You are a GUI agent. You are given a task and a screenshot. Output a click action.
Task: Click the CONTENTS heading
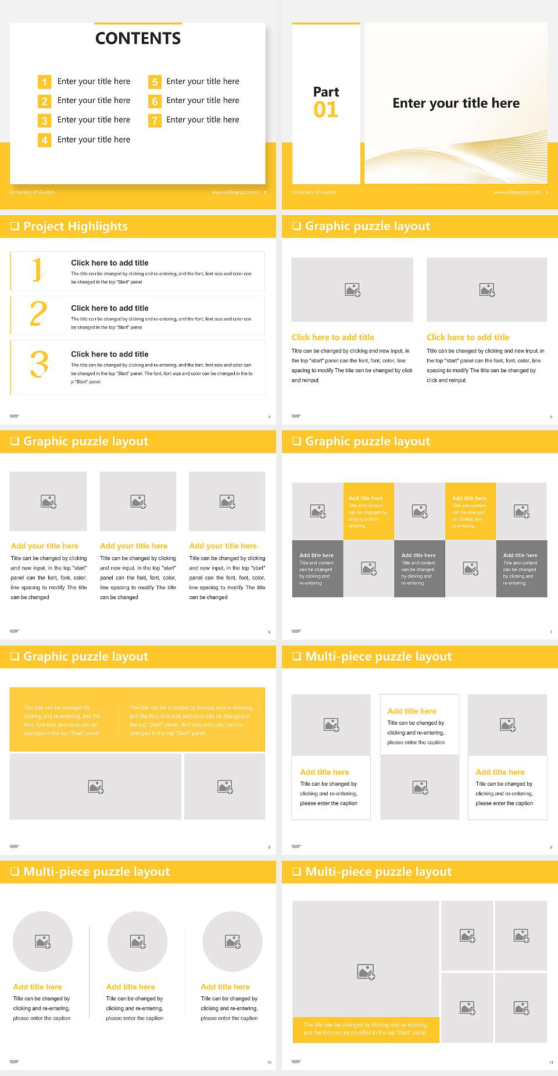(138, 38)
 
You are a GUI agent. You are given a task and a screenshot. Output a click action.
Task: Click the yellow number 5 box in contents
(155, 82)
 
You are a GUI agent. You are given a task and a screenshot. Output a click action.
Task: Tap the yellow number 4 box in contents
(44, 140)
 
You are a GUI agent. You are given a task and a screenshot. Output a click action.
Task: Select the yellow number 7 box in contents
(155, 120)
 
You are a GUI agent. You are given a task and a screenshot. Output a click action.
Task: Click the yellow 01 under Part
(325, 110)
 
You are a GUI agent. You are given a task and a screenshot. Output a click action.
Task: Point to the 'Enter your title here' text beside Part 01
(456, 104)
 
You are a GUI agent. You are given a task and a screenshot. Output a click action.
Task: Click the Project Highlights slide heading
(76, 226)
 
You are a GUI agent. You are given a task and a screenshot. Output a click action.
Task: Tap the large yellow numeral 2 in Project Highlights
(38, 313)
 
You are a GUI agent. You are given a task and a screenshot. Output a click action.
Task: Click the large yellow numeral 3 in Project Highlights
(39, 364)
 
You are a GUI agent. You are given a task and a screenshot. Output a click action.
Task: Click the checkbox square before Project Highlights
(15, 226)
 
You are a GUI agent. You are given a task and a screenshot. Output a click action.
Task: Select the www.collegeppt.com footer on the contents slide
(235, 193)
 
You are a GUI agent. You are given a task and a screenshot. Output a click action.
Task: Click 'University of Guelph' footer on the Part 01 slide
(314, 193)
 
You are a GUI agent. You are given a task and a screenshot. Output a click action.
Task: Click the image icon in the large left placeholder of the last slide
(366, 971)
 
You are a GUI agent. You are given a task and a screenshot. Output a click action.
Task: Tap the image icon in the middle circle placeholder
(138, 941)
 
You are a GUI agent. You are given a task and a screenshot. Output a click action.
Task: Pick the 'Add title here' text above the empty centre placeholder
(412, 711)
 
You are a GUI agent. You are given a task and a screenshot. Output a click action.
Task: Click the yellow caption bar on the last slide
(366, 1029)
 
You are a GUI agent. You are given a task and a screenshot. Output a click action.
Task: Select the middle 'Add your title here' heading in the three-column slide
(134, 546)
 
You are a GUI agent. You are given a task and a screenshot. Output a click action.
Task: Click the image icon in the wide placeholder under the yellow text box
(96, 787)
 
